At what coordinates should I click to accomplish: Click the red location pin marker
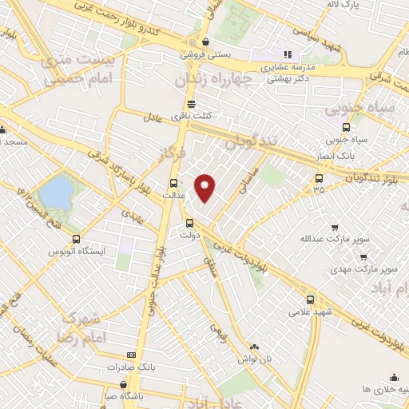point(206,188)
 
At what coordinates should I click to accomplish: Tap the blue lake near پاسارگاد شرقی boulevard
point(56,192)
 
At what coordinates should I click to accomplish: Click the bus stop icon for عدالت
point(174,181)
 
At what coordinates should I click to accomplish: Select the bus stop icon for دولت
point(189,224)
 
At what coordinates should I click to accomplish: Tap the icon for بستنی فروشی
point(206,42)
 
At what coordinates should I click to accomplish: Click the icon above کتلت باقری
point(190,104)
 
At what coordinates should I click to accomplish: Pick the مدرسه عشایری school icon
point(265,54)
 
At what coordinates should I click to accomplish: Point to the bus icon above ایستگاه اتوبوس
point(76,239)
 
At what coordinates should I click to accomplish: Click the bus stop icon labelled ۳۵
point(320,178)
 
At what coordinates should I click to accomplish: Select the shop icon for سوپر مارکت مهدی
point(363,257)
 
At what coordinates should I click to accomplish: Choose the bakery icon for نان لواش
point(255,347)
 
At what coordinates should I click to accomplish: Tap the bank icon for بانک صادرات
point(131,355)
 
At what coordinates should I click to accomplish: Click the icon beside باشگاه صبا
point(109,395)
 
